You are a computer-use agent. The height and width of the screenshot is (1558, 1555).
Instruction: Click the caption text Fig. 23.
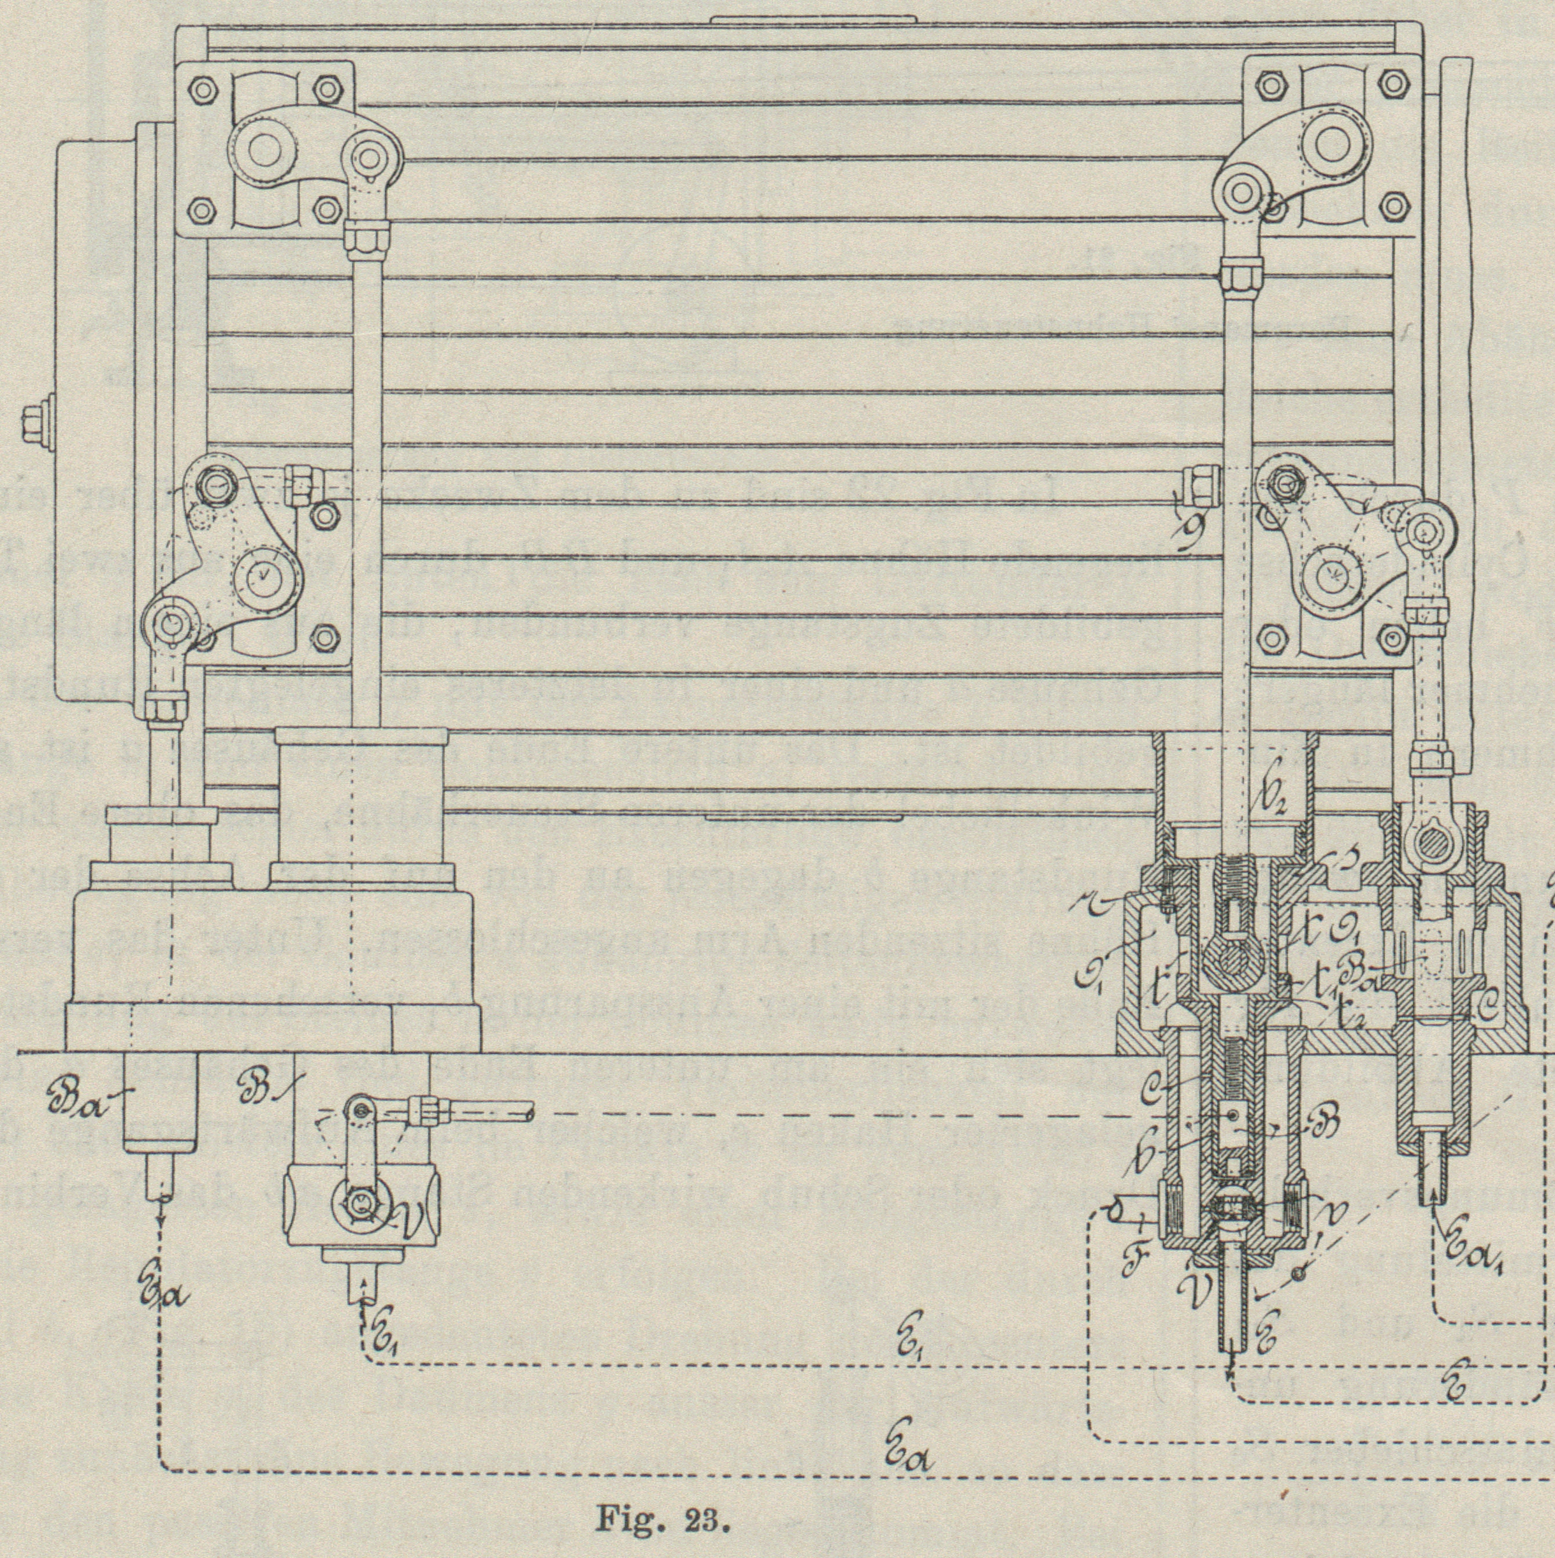[x=663, y=1522]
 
